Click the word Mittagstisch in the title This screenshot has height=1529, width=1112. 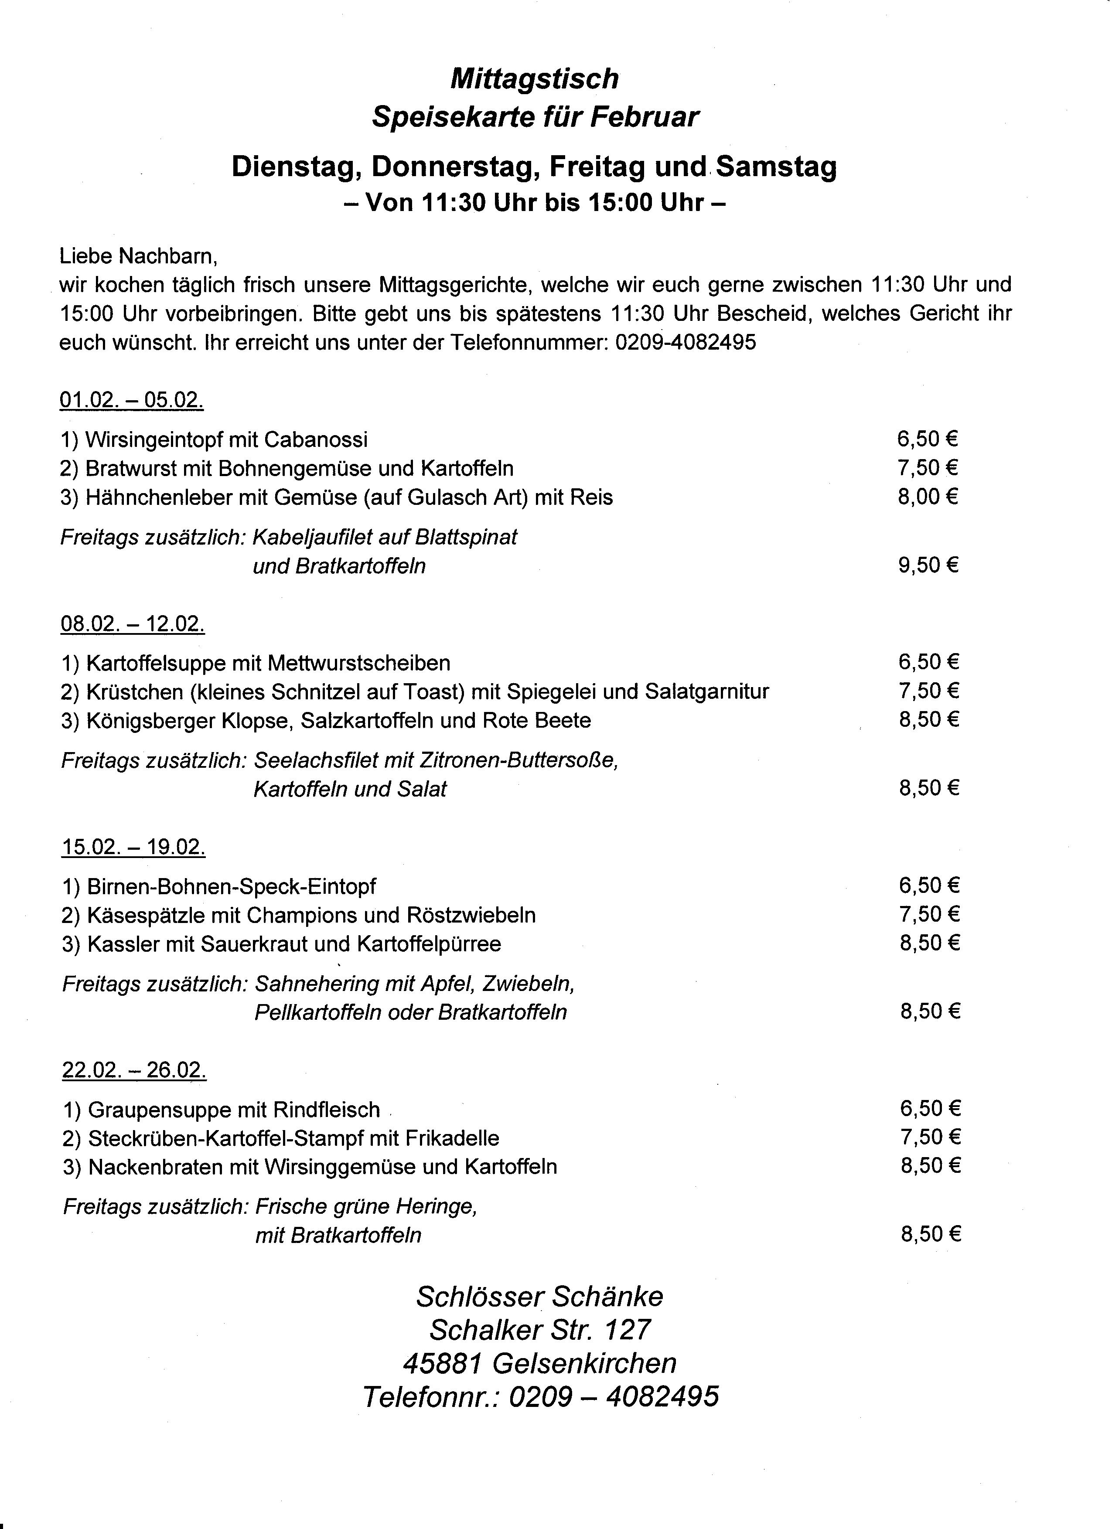pos(534,79)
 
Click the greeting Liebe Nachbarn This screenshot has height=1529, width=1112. pos(138,256)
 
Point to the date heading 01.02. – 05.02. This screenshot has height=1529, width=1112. pos(132,400)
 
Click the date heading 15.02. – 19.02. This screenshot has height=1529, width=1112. pos(133,846)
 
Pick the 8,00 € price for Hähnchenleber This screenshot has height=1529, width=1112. pos(927,497)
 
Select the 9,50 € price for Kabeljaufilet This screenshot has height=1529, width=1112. pos(927,565)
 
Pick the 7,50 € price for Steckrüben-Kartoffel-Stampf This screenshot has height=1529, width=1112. pos(930,1137)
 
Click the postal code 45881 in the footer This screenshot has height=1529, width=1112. pos(442,1363)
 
